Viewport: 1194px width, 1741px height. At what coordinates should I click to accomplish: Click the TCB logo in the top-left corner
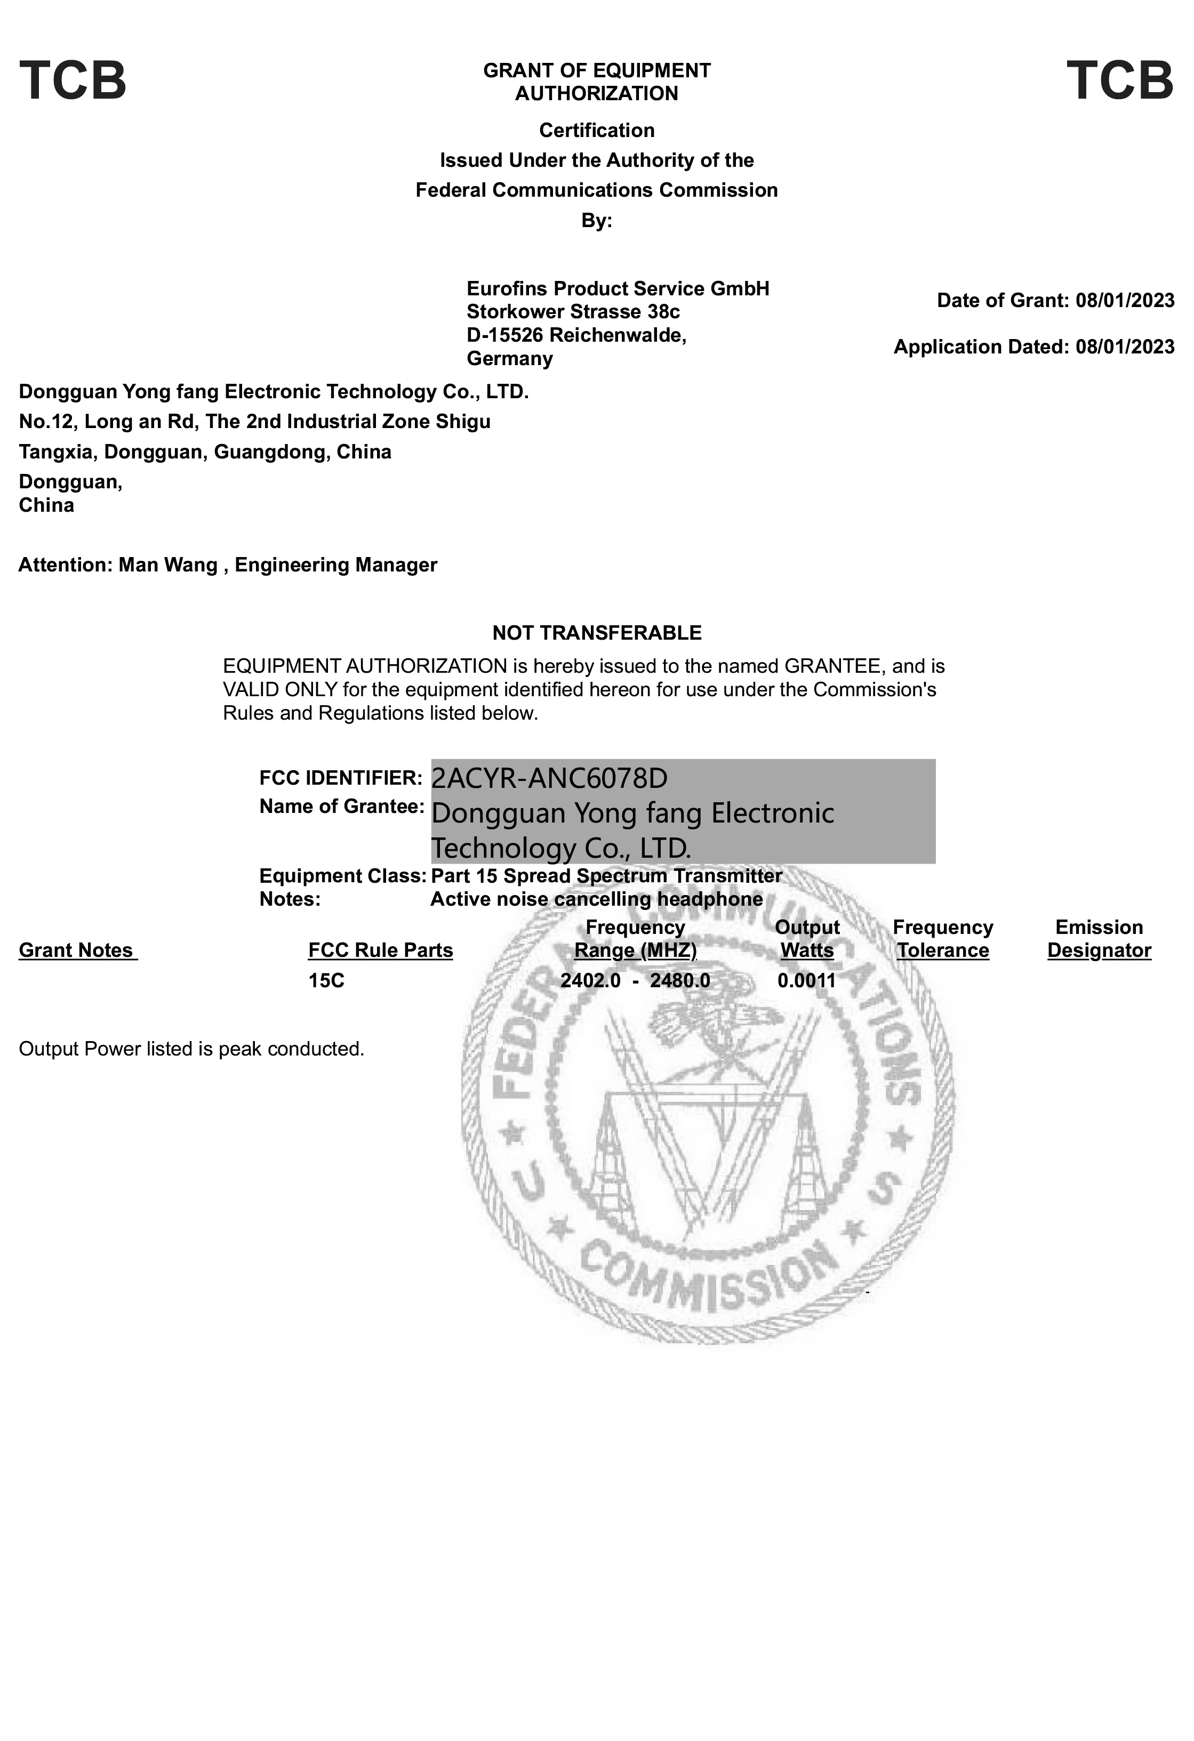pos(73,81)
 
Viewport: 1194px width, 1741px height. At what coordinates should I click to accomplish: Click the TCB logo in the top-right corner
pos(1120,81)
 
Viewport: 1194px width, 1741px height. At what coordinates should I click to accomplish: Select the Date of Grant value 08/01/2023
pos(1124,301)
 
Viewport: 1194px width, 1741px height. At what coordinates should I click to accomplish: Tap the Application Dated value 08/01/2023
pos(1124,347)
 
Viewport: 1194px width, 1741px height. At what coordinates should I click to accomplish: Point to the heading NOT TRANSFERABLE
pos(597,633)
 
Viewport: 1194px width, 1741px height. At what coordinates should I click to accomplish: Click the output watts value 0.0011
pos(806,981)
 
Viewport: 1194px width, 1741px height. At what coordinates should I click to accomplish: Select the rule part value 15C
pos(326,981)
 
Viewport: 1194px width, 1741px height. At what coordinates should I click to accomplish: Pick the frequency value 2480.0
pos(680,981)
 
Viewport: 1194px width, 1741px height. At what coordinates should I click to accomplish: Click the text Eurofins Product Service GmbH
pos(618,288)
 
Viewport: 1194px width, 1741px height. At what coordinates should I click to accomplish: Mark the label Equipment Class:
pos(342,876)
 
